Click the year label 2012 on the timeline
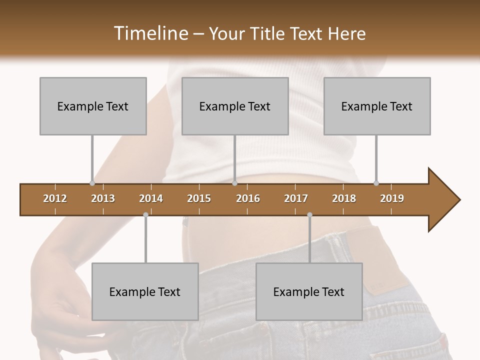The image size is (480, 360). [55, 198]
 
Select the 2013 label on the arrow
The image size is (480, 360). [103, 198]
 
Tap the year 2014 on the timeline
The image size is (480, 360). [151, 198]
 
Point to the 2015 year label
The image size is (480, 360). [199, 198]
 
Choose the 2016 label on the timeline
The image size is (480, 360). [248, 198]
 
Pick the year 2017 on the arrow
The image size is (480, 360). [296, 198]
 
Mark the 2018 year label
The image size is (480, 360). [344, 198]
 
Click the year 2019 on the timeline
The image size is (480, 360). [392, 198]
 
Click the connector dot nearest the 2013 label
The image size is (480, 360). [92, 183]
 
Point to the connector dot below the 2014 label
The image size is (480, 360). [145, 215]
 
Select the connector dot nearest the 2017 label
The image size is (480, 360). [309, 215]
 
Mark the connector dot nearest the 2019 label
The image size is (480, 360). [376, 183]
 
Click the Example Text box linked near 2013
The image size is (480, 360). [93, 106]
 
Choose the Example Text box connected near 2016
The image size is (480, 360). [235, 106]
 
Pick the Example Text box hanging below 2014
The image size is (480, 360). [145, 291]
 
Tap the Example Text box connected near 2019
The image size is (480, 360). [377, 106]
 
